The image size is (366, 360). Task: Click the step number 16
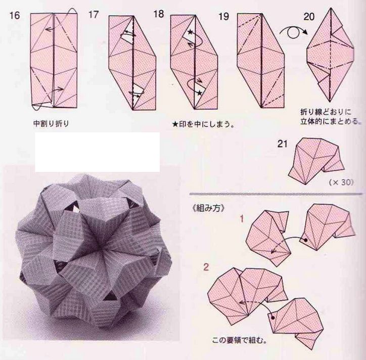15,16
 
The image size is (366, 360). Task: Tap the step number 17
94,15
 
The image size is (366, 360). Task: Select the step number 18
159,14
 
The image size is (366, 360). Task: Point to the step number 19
223,17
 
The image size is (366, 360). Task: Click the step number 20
309,17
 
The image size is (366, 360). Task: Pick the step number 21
283,144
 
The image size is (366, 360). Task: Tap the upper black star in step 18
191,31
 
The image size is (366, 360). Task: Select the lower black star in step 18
199,93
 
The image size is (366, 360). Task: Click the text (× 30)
341,182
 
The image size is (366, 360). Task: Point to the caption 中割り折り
52,123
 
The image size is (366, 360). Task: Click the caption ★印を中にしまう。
203,124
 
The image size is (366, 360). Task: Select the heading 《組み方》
208,208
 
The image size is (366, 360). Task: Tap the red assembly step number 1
242,219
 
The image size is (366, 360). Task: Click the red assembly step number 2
206,267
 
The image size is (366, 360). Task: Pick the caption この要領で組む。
240,340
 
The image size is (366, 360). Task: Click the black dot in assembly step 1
305,240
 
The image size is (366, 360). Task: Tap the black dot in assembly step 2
273,318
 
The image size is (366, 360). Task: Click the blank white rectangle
98,152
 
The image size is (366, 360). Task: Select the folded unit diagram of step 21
316,160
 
